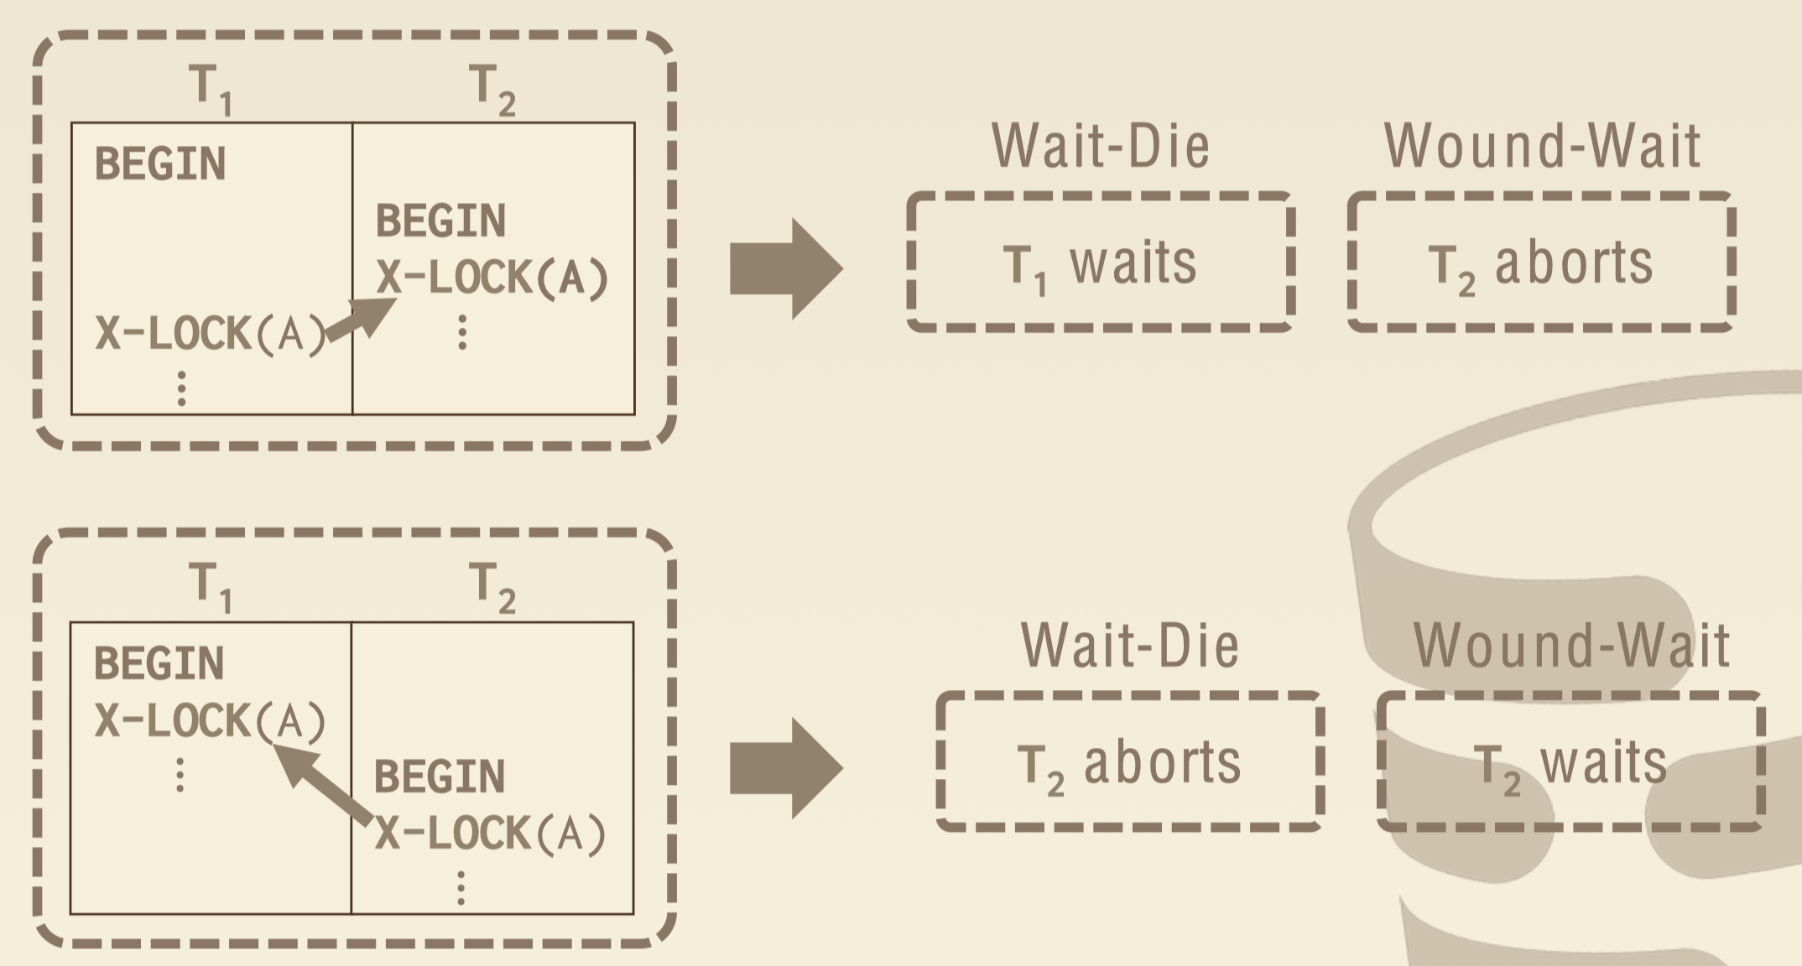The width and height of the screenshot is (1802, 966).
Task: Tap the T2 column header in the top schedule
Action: (492, 88)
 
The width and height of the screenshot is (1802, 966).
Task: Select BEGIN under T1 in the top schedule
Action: (160, 164)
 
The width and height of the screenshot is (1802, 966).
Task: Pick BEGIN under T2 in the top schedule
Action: (440, 221)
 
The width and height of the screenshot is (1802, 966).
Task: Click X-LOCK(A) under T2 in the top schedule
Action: (492, 278)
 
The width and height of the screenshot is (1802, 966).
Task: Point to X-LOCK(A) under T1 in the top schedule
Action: (210, 334)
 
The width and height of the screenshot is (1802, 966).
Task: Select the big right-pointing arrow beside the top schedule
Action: (785, 269)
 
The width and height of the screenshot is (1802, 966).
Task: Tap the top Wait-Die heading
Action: (1101, 146)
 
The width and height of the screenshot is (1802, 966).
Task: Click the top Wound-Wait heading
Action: (1542, 146)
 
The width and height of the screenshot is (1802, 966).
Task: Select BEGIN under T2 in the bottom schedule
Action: (440, 776)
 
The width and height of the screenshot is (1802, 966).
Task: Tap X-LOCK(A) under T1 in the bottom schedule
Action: (210, 720)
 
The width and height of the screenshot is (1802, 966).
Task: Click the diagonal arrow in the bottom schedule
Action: (323, 785)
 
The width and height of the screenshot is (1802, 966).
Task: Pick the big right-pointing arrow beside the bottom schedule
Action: (785, 768)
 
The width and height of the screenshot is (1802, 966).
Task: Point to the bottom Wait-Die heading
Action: (1129, 646)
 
